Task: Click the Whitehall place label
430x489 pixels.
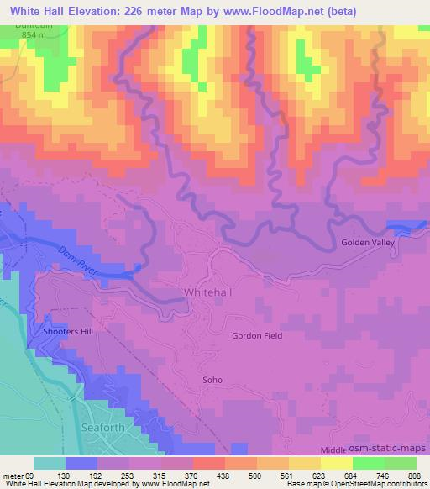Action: [202, 293]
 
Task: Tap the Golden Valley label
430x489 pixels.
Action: [367, 243]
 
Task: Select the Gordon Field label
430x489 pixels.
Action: [257, 335]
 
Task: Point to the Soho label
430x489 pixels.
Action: [212, 380]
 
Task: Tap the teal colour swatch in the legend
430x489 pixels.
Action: [50, 463]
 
